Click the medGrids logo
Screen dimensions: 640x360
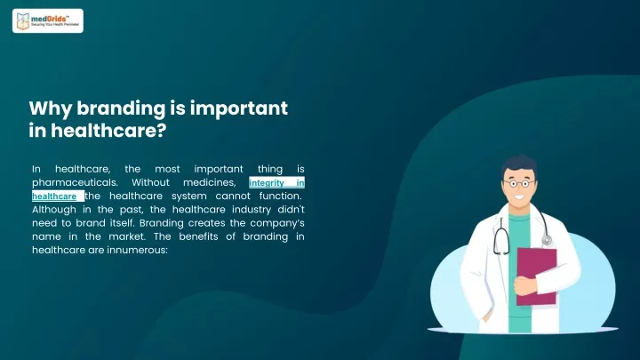(x=48, y=20)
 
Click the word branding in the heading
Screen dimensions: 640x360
(x=121, y=109)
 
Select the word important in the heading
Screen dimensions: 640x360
(x=239, y=109)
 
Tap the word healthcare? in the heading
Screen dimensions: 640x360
(x=108, y=131)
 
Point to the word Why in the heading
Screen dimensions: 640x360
(x=51, y=109)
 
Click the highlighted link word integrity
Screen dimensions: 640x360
(x=267, y=183)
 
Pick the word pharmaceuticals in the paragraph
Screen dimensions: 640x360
(x=75, y=182)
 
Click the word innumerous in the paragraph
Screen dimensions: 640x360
(x=137, y=250)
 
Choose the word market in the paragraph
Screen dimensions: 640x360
(x=126, y=236)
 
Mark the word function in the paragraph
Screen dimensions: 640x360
(x=280, y=196)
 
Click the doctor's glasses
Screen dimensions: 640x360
(x=519, y=183)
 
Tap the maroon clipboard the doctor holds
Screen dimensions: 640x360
(x=536, y=276)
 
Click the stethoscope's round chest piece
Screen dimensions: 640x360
(x=547, y=240)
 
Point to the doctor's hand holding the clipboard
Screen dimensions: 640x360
(x=525, y=285)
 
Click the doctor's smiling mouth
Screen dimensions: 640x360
(x=520, y=196)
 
